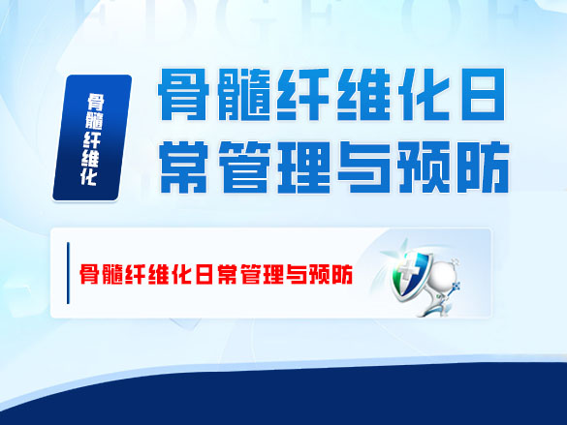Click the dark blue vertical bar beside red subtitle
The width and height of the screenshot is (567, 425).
pos(67,274)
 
